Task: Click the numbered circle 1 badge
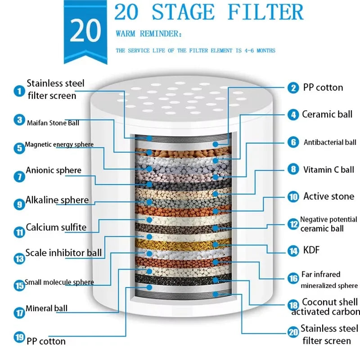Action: point(19,91)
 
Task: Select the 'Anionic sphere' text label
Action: point(54,171)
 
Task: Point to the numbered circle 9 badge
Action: point(19,204)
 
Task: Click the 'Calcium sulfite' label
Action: point(56,227)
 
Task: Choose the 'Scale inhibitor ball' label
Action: point(63,253)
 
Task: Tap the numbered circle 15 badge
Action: point(19,285)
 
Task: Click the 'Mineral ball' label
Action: point(46,309)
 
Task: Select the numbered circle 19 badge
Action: point(19,337)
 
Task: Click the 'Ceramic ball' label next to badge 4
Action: point(327,114)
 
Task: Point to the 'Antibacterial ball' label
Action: point(330,143)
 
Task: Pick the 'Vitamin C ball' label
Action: point(328,170)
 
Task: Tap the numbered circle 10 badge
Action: point(293,197)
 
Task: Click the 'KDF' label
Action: point(311,250)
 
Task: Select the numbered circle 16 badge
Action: point(293,279)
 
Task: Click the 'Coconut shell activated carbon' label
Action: point(325,307)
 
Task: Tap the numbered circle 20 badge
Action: point(293,332)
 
